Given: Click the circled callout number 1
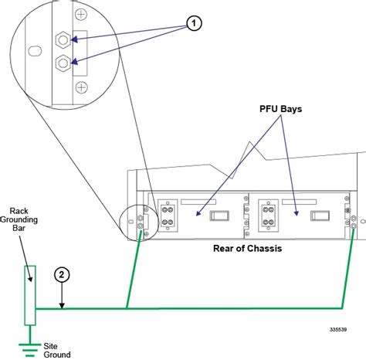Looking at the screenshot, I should click(x=195, y=24).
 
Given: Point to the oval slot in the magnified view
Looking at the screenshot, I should click(x=35, y=50).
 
